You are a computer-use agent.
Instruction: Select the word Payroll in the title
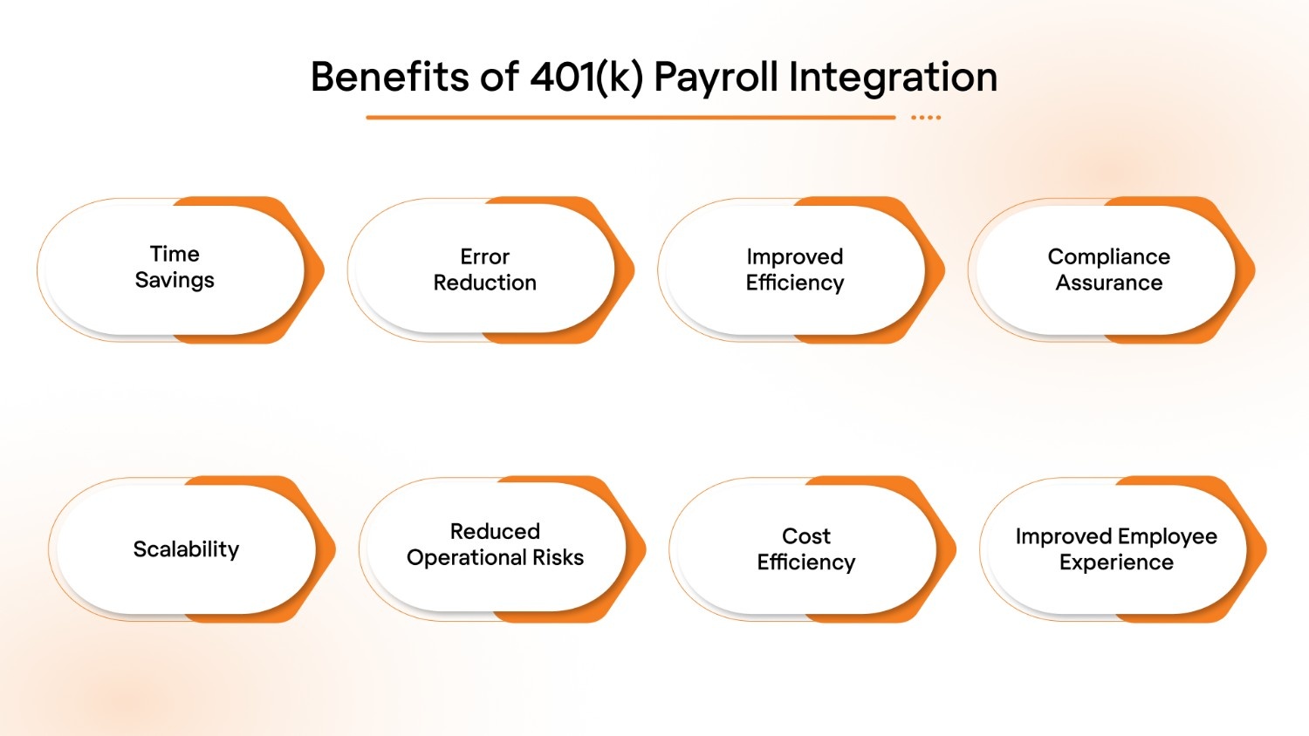coord(716,77)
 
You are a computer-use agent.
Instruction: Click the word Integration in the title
coord(893,77)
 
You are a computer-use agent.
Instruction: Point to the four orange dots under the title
coord(926,117)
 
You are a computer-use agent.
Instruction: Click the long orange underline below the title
coord(630,117)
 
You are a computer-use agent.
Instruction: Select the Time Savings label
coord(175,267)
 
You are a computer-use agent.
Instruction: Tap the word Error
coord(484,256)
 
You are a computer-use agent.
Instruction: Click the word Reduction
coord(484,283)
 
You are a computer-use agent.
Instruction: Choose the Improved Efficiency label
coord(794,269)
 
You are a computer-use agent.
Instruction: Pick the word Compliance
coord(1108,256)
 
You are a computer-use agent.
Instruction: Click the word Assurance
coord(1108,283)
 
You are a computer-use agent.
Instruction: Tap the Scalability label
coord(186,549)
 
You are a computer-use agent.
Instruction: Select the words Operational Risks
coord(495,558)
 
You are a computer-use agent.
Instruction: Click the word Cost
coord(805,535)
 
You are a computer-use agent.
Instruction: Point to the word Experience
coord(1116,562)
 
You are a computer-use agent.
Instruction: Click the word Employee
coord(1165,536)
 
